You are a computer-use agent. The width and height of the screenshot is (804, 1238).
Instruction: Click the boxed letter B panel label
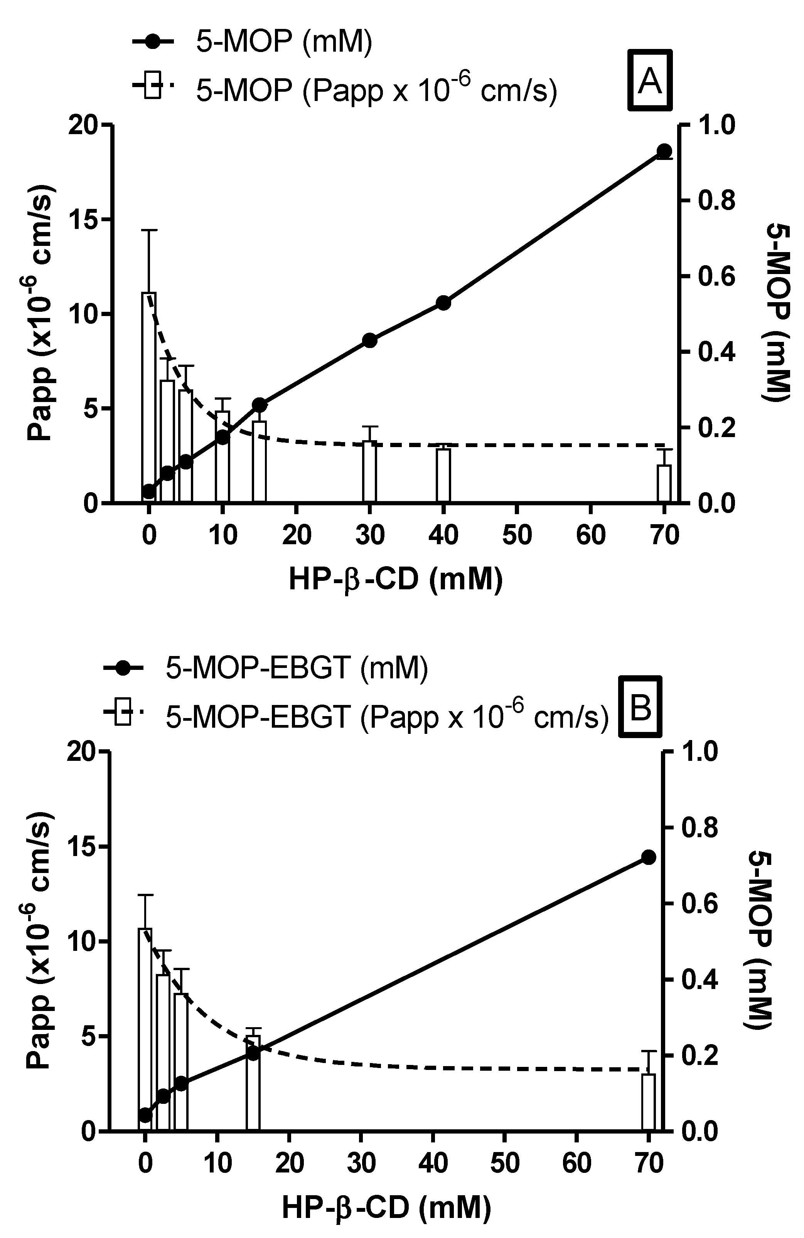640,707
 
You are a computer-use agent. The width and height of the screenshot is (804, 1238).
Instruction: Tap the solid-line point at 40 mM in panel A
443,303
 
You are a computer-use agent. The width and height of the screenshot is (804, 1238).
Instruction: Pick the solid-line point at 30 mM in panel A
369,341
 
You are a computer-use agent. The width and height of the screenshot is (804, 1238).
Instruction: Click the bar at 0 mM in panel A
149,395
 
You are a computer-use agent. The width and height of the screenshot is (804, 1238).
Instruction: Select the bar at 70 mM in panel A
664,484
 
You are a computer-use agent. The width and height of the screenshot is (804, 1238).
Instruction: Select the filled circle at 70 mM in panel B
648,857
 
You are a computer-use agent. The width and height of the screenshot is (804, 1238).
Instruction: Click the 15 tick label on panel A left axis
83,220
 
